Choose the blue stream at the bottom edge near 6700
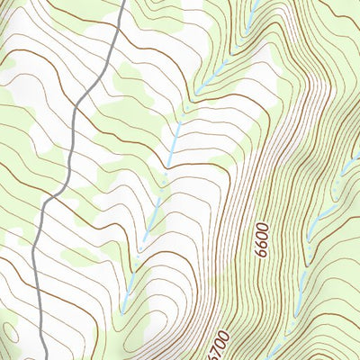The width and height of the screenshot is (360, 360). pyautogui.click(x=270, y=354)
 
